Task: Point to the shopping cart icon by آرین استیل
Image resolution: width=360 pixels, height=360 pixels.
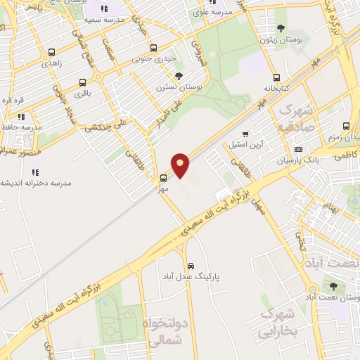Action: (x=245, y=134)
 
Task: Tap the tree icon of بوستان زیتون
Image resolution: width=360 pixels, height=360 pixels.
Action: (x=281, y=29)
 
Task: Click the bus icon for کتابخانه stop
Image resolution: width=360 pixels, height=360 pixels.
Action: (x=276, y=78)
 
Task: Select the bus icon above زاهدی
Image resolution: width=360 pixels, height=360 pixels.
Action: (x=51, y=52)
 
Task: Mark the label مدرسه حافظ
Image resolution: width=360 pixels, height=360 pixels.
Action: (x=22, y=127)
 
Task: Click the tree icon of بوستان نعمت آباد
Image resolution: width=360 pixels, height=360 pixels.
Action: (x=333, y=286)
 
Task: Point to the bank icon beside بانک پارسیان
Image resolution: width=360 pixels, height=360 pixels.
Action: (x=299, y=150)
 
